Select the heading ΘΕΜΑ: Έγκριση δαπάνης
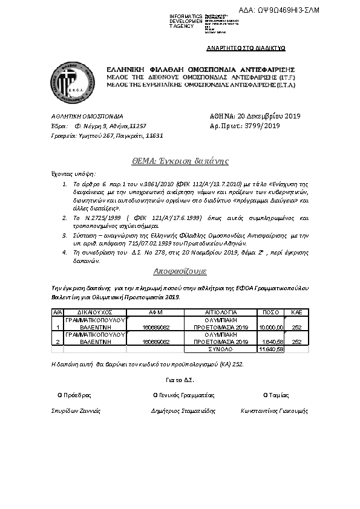[180, 161]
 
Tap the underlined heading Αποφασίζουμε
[180, 271]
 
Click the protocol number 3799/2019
[258, 126]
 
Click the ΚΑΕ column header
[296, 312]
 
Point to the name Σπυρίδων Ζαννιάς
[76, 410]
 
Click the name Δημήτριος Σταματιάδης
[183, 410]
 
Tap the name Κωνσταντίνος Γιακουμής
[274, 410]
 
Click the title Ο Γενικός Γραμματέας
[184, 395]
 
